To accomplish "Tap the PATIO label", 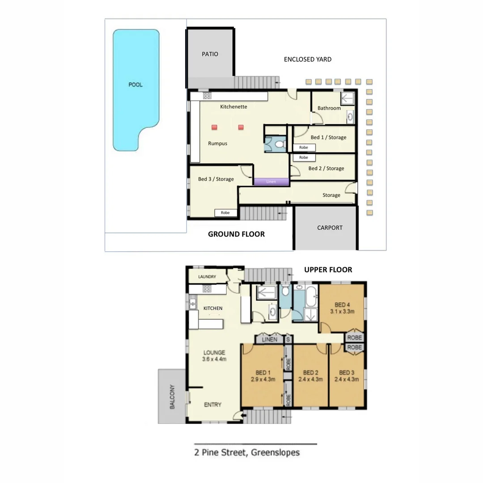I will (210, 54).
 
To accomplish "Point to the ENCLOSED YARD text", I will (308, 59).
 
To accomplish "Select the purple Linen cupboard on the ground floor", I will (271, 182).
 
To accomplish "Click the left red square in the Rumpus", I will (214, 127).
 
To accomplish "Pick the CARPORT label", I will (330, 228).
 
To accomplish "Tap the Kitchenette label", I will (233, 107).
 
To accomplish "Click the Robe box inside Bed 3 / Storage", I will (225, 213).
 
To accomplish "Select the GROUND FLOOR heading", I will (236, 234).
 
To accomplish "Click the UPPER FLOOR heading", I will (328, 270).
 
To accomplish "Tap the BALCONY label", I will (172, 397).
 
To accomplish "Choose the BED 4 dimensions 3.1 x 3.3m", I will (342, 312).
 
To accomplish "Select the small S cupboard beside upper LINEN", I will (288, 339).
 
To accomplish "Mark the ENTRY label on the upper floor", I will (212, 405).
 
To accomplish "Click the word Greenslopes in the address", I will (275, 452).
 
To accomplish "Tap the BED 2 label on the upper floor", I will (310, 373).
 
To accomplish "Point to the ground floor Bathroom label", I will (329, 108).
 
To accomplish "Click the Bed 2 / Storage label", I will (326, 169).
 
